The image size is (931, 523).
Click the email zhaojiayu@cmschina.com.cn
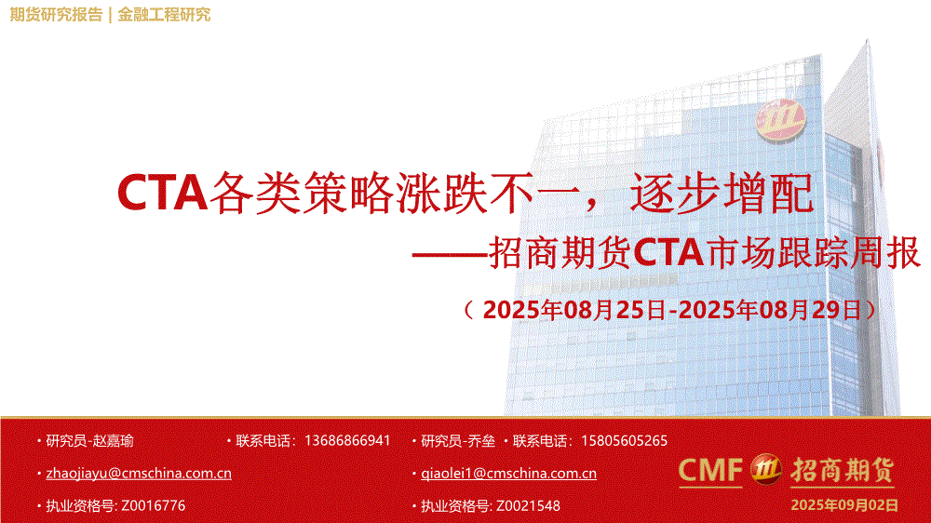click(x=139, y=473)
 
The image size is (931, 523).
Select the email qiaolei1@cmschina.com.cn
click(x=508, y=473)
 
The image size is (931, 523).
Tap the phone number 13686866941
click(x=347, y=440)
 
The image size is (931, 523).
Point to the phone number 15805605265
click(x=624, y=440)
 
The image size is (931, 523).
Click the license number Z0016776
click(x=154, y=506)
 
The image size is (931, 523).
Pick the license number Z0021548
click(x=528, y=506)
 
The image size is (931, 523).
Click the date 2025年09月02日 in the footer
click(x=844, y=505)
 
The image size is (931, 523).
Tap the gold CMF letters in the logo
click(x=710, y=470)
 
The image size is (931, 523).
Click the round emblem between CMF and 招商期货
click(x=766, y=470)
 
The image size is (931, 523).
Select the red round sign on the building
click(x=780, y=120)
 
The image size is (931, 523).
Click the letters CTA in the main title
click(x=162, y=193)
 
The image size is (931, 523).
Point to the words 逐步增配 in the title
click(x=722, y=193)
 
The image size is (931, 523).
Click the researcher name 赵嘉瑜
click(x=113, y=440)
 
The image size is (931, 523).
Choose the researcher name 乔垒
click(x=481, y=440)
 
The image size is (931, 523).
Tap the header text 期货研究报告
click(x=57, y=14)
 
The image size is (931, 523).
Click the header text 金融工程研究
click(x=164, y=14)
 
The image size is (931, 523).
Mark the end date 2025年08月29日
click(x=770, y=310)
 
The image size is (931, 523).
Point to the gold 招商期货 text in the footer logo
click(x=842, y=470)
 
